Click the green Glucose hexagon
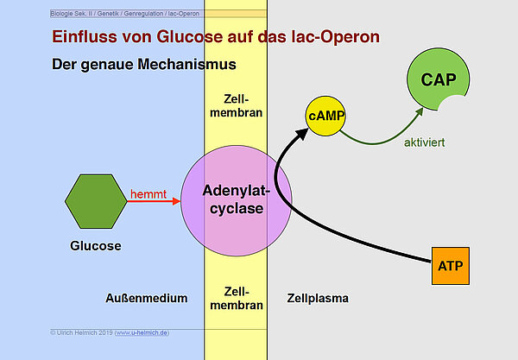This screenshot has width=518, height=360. click(x=95, y=201)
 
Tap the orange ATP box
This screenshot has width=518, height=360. click(x=450, y=268)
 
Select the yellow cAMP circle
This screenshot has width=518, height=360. click(x=325, y=117)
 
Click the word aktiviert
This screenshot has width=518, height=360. click(x=424, y=142)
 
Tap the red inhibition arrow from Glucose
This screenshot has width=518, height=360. click(x=155, y=202)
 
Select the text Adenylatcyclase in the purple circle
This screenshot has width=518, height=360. click(x=232, y=199)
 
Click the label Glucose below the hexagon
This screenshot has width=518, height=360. click(x=95, y=246)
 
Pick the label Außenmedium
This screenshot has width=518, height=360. click(x=146, y=299)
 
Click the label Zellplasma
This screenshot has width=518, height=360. click(x=318, y=299)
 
